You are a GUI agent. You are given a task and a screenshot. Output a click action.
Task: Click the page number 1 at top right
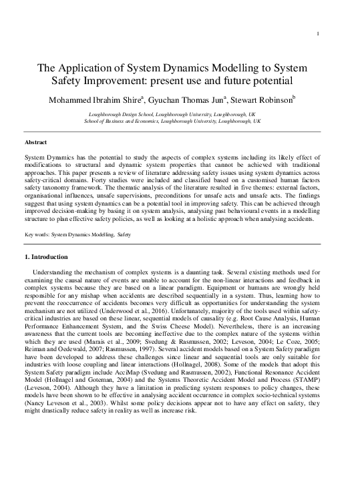tap(319, 34)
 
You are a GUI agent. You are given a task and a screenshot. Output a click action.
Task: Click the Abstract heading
tap(35, 143)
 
